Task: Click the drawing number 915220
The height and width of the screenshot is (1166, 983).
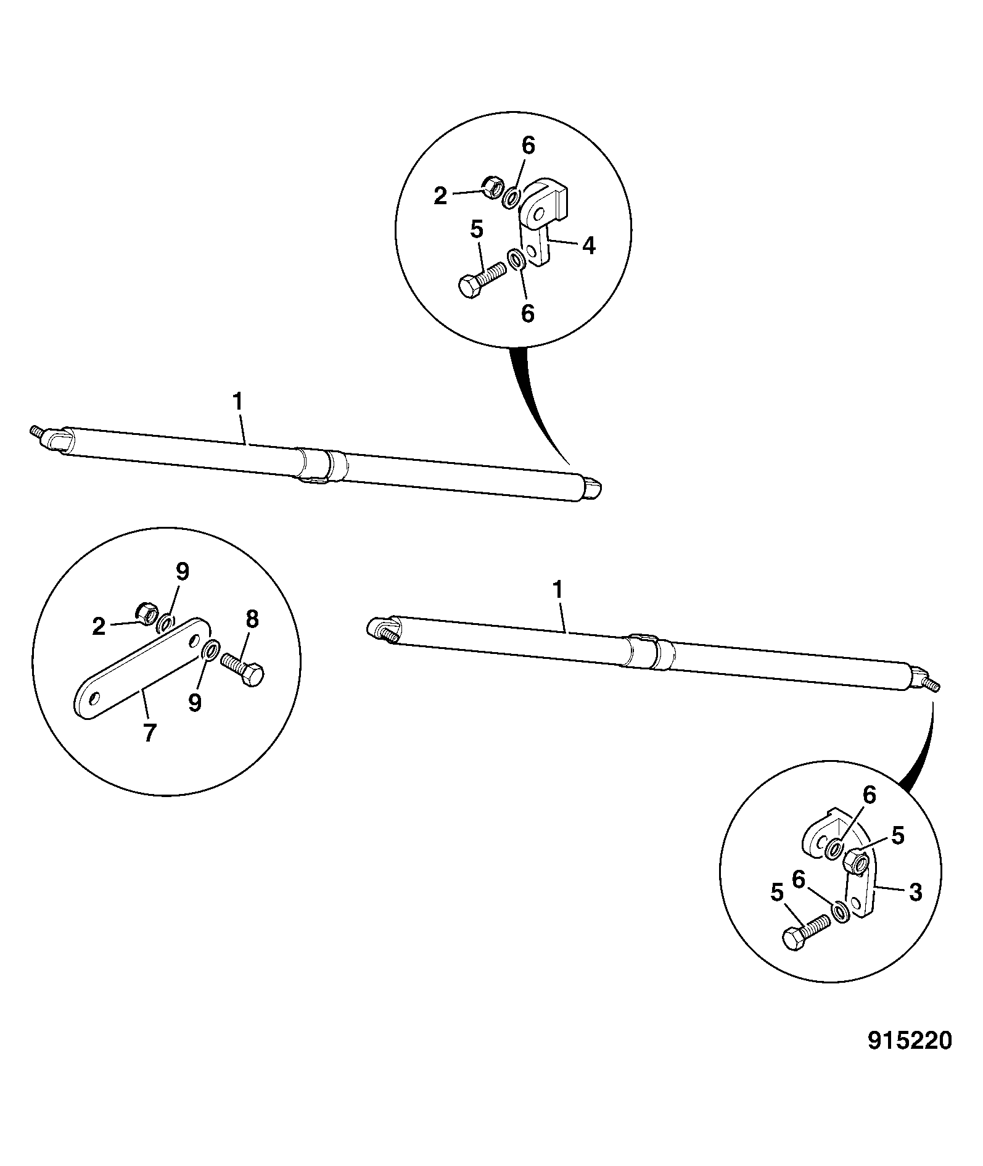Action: tap(910, 1041)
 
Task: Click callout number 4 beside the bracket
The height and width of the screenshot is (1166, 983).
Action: tap(589, 247)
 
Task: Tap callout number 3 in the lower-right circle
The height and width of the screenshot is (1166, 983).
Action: tap(915, 892)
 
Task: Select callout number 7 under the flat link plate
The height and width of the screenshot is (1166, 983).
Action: tap(150, 733)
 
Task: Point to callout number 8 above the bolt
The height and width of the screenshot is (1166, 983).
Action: tap(252, 619)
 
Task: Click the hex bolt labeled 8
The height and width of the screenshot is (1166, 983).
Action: tap(244, 669)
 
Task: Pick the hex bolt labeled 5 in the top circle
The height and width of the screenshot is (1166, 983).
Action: tap(480, 280)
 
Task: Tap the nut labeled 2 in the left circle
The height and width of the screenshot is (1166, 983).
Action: tap(147, 611)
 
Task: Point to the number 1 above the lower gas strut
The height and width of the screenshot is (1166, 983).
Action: tap(557, 590)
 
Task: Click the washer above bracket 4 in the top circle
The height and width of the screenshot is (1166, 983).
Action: tap(512, 198)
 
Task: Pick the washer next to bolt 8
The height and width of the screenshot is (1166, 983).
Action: tap(210, 650)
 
